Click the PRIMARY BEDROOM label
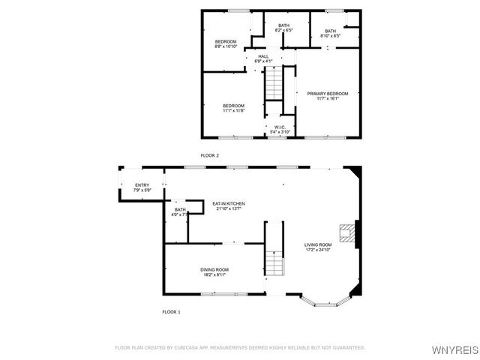point(328,94)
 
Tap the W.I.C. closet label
point(279,127)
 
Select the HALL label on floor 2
point(263,56)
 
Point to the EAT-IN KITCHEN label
point(229,203)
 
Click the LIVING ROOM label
point(317,245)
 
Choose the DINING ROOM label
point(214,269)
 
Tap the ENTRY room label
point(142,185)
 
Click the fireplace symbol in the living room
point(346,234)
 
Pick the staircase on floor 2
point(274,82)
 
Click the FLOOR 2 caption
point(209,155)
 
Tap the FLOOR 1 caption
point(171,311)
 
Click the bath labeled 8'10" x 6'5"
point(330,32)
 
